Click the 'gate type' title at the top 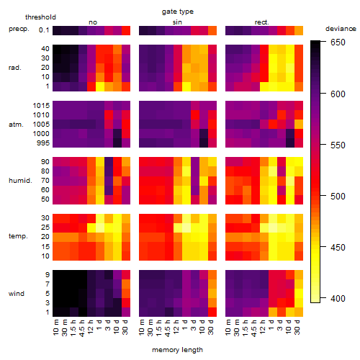[178, 12]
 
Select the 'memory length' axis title [177, 350]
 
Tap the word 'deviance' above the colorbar [341, 29]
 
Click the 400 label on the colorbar [338, 299]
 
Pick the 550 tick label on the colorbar [338, 145]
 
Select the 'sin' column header [177, 22]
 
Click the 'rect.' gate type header [261, 22]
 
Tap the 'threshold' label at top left [40, 17]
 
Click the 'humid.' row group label [20, 181]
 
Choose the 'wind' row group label [17, 294]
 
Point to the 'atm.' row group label [16, 125]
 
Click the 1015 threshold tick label [41, 106]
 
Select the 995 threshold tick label [43, 143]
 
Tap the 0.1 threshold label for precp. [44, 30]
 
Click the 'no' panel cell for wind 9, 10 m [57, 275]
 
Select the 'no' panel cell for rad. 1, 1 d [100, 86]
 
